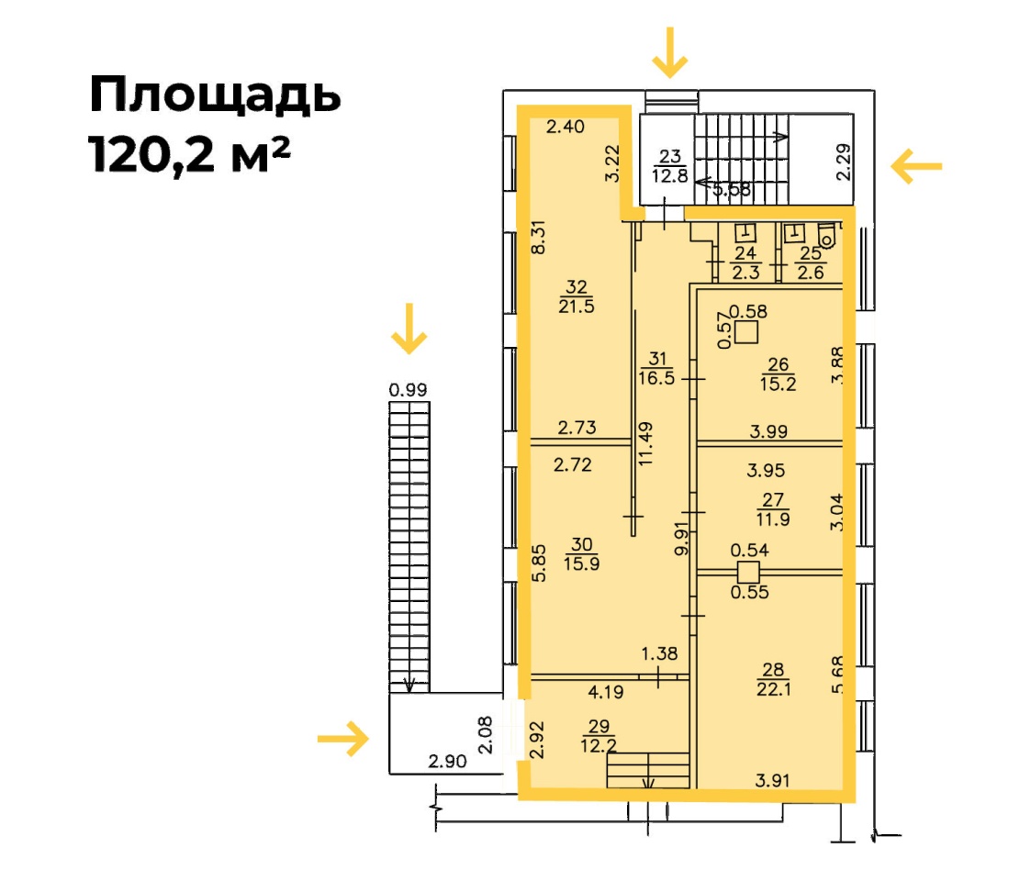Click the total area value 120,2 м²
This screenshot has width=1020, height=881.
point(189,155)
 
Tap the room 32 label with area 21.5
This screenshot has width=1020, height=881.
point(577,296)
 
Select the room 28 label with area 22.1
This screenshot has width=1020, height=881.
point(773,679)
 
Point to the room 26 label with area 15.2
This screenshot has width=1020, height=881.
point(778,374)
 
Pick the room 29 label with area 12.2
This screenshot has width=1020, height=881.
point(599,735)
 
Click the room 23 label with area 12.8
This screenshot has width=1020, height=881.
point(670,166)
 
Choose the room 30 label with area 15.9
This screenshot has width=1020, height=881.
point(581,554)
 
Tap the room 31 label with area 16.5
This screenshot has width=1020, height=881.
point(657,368)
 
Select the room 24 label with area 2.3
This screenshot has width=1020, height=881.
point(745,262)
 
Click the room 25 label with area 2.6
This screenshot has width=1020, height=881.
point(811,262)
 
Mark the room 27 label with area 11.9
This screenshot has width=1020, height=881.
point(773,509)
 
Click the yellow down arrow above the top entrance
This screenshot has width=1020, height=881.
point(670,52)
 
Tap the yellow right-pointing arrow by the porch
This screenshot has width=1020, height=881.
point(343,739)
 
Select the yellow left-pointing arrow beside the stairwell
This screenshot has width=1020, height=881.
point(916,166)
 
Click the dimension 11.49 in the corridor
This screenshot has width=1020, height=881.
point(645,443)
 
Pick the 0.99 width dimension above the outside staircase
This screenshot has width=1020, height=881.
point(408,389)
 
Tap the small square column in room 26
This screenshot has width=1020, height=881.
point(746,332)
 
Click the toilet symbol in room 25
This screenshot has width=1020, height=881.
point(826,236)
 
